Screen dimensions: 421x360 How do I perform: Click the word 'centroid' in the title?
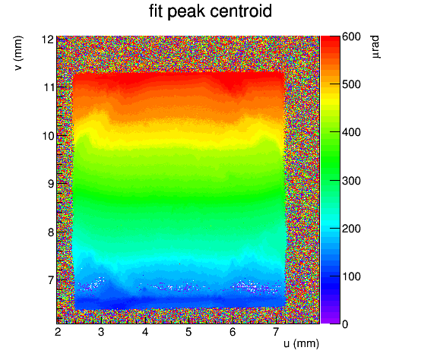coord(241,11)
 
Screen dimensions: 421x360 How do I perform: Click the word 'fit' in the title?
coord(156,11)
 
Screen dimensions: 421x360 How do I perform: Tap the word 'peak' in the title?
coord(186,12)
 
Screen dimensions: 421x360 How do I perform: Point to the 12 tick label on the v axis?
coord(48,39)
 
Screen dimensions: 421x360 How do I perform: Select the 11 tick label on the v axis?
coord(49,87)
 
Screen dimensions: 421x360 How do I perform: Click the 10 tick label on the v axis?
coord(49,136)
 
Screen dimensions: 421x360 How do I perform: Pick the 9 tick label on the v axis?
coord(51,184)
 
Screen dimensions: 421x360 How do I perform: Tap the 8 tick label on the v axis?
coord(51,232)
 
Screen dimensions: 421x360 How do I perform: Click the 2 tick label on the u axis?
coord(58,332)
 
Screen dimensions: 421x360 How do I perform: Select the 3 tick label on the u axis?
coord(101,332)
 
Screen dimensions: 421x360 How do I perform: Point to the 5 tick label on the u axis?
coord(188,332)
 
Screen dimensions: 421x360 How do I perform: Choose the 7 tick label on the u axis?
coord(276,332)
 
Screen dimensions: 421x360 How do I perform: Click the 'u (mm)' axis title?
coord(301,343)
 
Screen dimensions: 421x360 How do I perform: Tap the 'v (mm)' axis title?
coord(18,53)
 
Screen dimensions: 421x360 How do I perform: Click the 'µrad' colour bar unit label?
coord(375,46)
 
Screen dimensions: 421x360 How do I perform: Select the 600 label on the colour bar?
coord(351,36)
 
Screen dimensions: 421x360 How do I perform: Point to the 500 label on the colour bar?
coord(351,84)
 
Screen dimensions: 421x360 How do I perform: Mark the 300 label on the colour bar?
coord(351,181)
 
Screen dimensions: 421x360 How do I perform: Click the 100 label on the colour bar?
coord(351,276)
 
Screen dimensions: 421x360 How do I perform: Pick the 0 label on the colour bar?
coord(345,324)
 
